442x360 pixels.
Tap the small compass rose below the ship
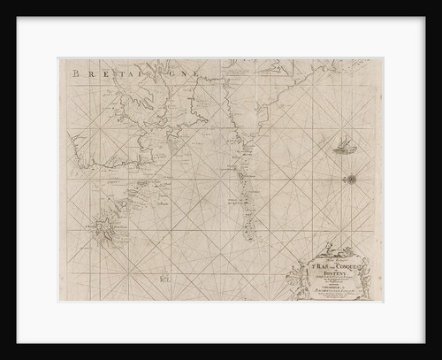pos(351,179)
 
